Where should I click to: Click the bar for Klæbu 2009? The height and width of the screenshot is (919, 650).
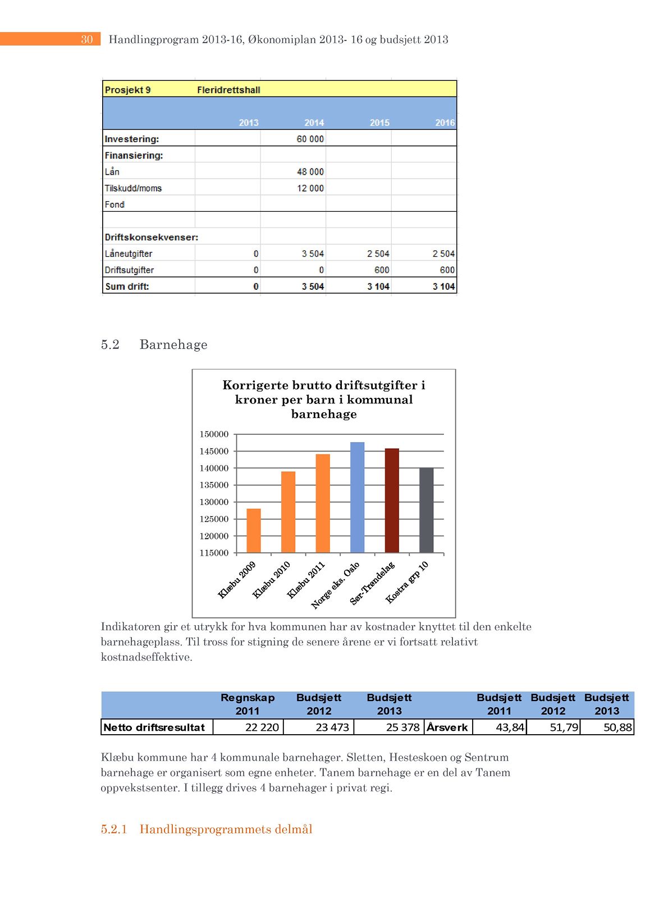click(x=254, y=531)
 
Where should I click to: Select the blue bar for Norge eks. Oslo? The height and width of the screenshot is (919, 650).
click(x=357, y=497)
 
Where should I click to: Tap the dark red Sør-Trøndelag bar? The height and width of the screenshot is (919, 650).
click(x=392, y=501)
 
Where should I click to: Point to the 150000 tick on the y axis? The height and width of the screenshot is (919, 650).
click(x=214, y=434)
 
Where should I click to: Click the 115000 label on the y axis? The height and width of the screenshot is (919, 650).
click(x=214, y=553)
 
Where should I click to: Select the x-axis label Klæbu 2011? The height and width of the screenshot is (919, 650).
click(x=306, y=580)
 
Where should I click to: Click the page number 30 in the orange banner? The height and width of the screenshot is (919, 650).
click(x=87, y=39)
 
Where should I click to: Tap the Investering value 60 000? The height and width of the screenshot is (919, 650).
click(x=310, y=139)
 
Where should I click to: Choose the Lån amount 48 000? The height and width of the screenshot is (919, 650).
click(x=310, y=172)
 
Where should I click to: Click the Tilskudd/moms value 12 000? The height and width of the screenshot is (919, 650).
click(x=310, y=188)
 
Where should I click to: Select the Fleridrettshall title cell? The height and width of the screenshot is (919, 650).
click(x=228, y=90)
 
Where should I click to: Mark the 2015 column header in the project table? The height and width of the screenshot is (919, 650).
click(x=379, y=122)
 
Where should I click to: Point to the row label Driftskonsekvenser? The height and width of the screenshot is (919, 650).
click(x=152, y=237)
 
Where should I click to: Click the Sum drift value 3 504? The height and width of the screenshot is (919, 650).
click(x=313, y=286)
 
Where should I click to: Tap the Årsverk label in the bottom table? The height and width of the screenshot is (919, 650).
click(x=447, y=727)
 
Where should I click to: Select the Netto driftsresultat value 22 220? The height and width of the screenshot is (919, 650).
click(x=262, y=727)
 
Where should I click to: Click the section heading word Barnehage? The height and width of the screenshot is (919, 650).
click(x=173, y=344)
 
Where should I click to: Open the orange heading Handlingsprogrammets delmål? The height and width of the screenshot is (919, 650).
click(x=226, y=829)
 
